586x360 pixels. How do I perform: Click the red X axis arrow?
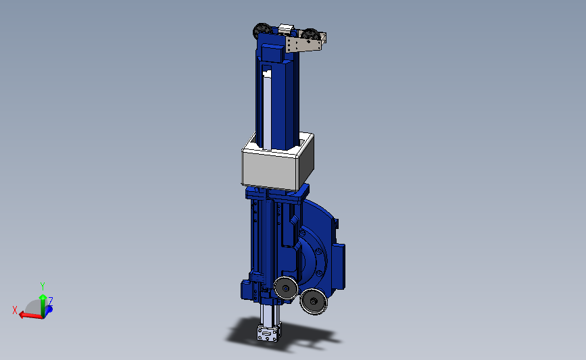[30, 315]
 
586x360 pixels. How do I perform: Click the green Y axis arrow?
[43, 305]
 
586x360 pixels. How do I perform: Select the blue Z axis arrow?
[49, 309]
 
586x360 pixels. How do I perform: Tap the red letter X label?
[15, 310]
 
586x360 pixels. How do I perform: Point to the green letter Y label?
[42, 286]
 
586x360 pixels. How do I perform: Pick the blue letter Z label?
[51, 301]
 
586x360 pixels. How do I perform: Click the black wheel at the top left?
[262, 30]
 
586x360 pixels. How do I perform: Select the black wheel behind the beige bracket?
[310, 34]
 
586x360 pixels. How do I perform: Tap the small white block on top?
[287, 28]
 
